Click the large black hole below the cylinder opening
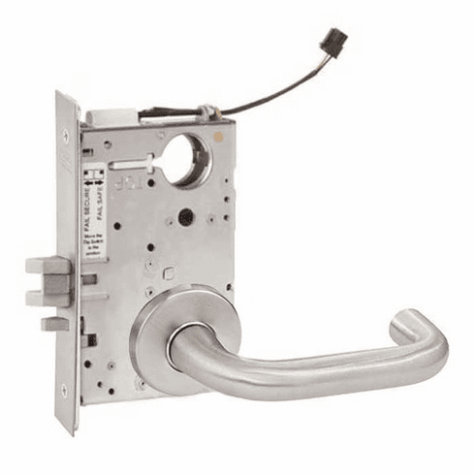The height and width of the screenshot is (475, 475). coord(184,218)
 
